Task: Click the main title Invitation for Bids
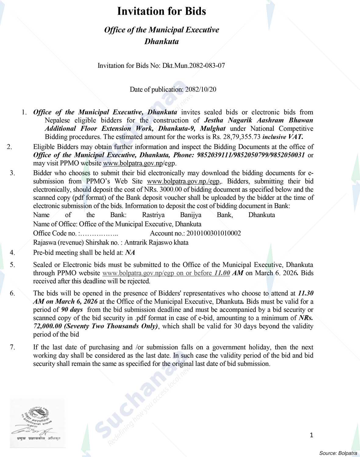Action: [162, 12]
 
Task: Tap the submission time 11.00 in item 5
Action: [222, 273]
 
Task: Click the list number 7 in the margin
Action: [12, 347]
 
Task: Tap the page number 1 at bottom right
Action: [311, 435]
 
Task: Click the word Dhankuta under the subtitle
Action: [162, 41]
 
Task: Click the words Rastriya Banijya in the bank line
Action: [172, 215]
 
